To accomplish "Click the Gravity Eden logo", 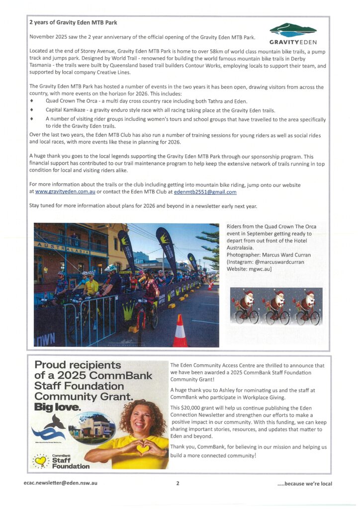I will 293,34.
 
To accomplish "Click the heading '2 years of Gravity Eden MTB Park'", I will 73,22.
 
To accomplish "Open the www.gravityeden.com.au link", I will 65,192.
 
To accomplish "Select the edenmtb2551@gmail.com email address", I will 205,192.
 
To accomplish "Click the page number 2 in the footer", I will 177,483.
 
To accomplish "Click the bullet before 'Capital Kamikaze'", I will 31,110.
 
